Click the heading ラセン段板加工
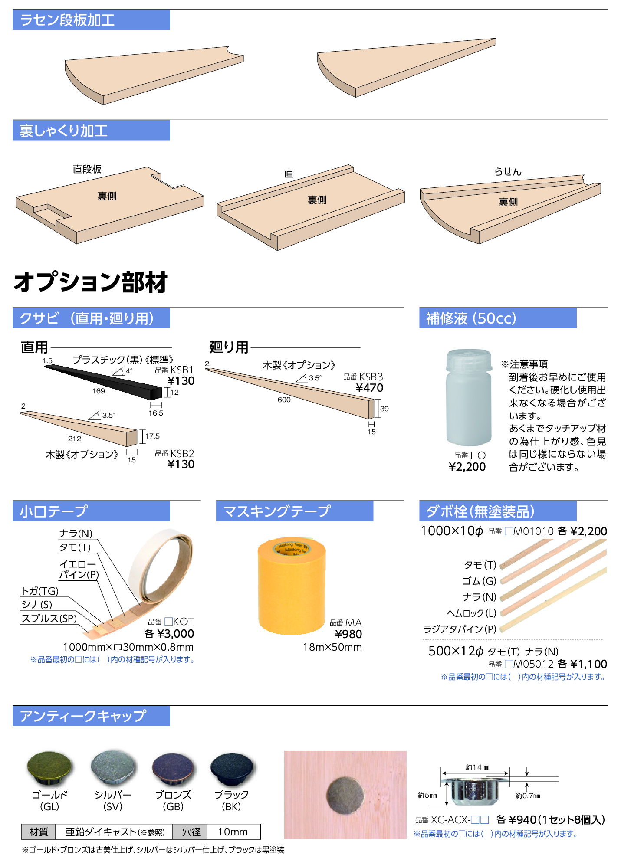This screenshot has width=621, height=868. (x=67, y=20)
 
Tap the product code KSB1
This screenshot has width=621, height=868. (x=182, y=370)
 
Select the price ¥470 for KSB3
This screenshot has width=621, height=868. (x=369, y=388)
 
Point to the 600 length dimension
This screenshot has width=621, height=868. (x=284, y=400)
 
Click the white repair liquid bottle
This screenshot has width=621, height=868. (x=469, y=397)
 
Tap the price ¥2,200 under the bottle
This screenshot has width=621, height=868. (x=467, y=467)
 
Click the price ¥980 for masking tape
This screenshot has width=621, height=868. (x=348, y=634)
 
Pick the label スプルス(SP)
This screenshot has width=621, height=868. (x=49, y=618)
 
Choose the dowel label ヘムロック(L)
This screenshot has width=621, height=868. (x=472, y=613)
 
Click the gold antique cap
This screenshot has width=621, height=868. (x=49, y=768)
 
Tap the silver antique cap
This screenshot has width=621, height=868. (x=113, y=767)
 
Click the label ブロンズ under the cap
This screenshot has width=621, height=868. (x=173, y=795)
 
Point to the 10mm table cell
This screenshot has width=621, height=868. (x=233, y=832)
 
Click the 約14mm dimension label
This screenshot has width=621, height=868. (x=477, y=767)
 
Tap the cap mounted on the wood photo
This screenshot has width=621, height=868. (x=345, y=796)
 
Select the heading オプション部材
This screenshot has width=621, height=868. (x=91, y=282)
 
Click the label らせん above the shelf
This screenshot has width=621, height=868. (x=508, y=172)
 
